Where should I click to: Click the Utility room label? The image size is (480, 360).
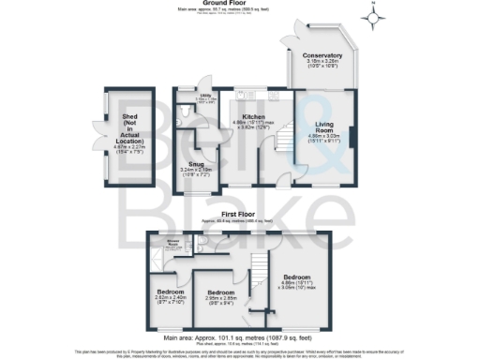point(203,97)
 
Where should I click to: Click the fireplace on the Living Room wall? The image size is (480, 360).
point(352,136)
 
